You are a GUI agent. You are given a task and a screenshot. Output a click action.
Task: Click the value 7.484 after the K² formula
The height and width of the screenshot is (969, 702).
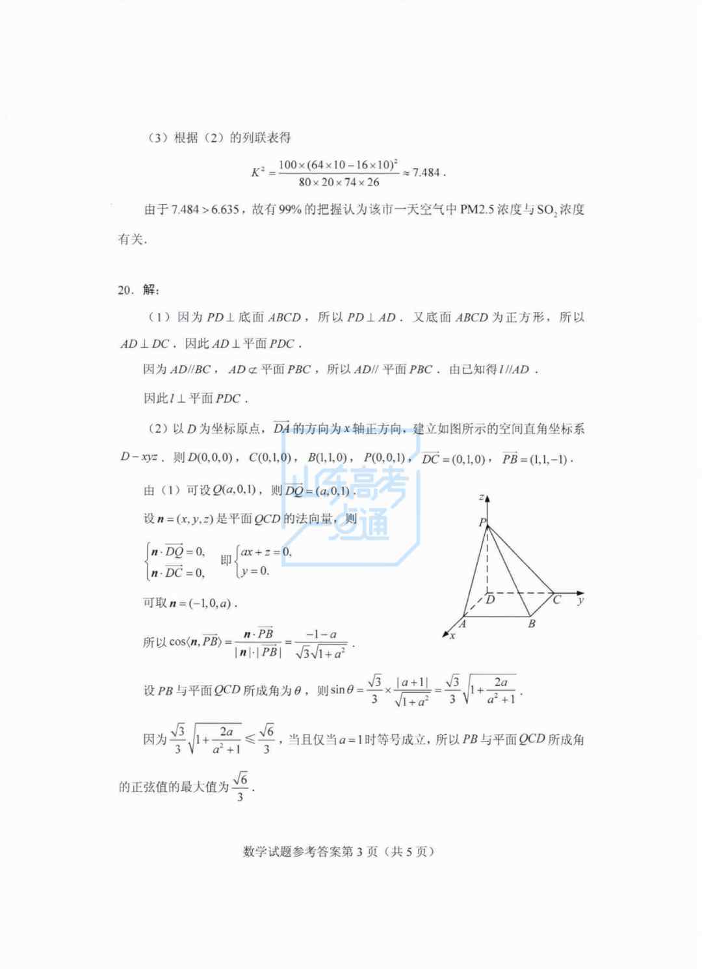click(x=426, y=173)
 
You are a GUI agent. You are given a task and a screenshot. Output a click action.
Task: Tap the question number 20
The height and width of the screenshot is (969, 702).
click(x=125, y=290)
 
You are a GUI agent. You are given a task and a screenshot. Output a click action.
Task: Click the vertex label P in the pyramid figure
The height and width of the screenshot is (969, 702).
click(x=482, y=522)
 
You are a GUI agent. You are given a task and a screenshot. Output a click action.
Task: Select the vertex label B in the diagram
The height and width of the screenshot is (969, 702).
click(x=532, y=624)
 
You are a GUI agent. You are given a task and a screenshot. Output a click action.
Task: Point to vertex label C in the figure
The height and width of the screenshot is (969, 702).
click(x=556, y=600)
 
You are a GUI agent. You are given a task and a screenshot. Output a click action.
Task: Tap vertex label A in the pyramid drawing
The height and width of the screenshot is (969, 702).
click(x=462, y=624)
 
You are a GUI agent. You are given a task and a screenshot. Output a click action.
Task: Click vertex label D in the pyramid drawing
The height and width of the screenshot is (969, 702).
click(x=490, y=599)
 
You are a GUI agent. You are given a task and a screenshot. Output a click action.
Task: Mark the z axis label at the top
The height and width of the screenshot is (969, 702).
click(x=480, y=498)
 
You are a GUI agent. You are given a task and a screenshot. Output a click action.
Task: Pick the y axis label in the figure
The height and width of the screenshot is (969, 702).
click(x=580, y=600)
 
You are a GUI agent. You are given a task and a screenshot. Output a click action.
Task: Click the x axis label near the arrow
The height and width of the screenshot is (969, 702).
click(x=452, y=635)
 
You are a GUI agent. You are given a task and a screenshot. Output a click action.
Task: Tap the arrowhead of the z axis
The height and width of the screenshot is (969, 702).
click(x=487, y=499)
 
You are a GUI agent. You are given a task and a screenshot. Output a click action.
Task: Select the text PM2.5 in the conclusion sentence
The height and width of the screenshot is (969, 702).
click(x=477, y=209)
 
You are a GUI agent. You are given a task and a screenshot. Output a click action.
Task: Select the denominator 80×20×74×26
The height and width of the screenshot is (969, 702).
click(x=339, y=183)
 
